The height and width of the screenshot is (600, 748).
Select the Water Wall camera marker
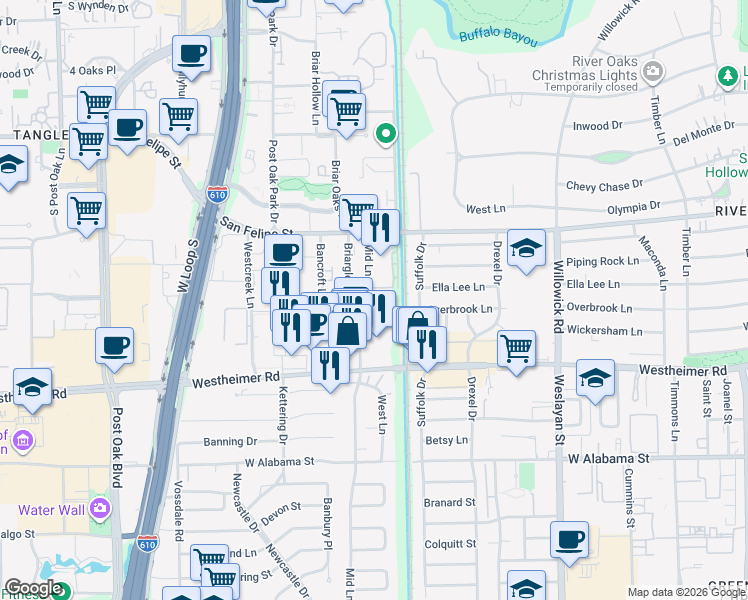point(99,509)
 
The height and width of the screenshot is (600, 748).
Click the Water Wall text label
point(50,510)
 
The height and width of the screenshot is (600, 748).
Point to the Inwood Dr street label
point(597,126)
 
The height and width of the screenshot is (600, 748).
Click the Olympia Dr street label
point(634,207)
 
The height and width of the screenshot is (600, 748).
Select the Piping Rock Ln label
point(602,262)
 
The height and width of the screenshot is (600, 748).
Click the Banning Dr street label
point(230,441)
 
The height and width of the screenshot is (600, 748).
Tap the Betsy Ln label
point(447,440)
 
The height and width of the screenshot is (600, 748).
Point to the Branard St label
point(448,503)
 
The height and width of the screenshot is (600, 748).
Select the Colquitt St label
point(449,544)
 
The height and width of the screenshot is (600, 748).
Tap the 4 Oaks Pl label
point(93,71)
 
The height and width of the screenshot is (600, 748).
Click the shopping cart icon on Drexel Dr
point(516,349)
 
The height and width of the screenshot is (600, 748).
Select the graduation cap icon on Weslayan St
point(595,378)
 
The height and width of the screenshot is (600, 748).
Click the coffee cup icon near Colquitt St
point(569,539)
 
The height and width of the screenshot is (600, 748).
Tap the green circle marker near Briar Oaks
point(385,133)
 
